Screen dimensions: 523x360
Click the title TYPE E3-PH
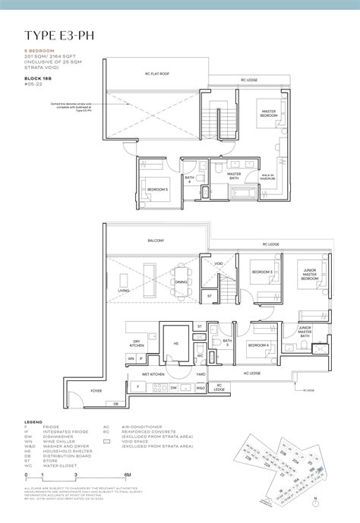(58, 34)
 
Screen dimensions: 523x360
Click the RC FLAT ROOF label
(157, 74)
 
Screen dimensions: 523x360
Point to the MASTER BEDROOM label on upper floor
(269, 114)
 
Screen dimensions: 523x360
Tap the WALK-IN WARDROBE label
(271, 177)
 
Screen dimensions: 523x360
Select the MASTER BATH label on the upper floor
(235, 176)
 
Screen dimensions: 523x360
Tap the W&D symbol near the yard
(201, 388)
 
